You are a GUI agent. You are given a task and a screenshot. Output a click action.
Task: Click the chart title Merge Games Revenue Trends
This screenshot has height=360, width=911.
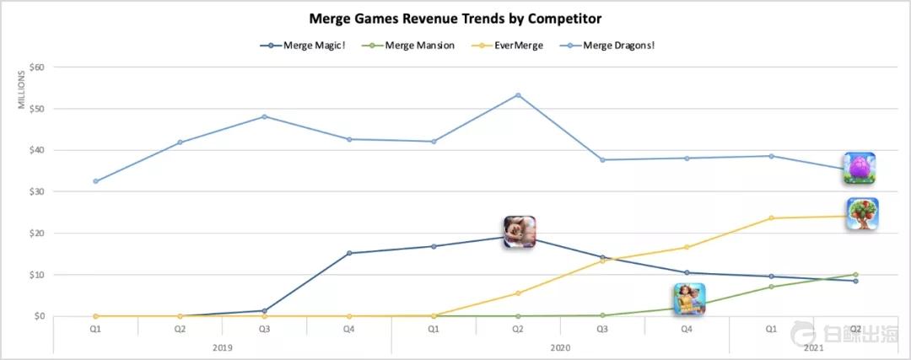pos(455,19)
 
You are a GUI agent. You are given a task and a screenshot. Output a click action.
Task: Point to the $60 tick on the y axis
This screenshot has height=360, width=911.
pos(35,67)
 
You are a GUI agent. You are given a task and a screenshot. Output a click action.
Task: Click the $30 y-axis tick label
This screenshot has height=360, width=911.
pos(35,192)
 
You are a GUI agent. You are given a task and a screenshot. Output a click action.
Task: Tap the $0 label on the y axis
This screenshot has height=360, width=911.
pos(38,317)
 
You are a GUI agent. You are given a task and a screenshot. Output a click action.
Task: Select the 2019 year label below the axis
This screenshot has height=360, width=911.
pos(223,346)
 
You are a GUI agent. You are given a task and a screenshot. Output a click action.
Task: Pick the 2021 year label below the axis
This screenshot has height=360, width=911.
pos(814,346)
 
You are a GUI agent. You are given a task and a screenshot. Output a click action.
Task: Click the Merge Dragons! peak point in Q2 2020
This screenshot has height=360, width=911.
pos(518,95)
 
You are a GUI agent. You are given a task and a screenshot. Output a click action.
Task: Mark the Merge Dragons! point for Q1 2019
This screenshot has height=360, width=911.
pos(96,181)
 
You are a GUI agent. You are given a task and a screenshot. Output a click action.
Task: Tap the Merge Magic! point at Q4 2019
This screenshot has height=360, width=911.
pos(349,253)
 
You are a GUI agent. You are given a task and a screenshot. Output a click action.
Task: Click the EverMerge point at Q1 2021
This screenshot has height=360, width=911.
pos(771,218)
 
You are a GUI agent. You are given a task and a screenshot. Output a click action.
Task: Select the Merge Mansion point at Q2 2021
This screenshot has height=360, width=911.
pos(855,275)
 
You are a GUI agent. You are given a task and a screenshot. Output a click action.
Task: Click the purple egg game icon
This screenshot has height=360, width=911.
pos(860,169)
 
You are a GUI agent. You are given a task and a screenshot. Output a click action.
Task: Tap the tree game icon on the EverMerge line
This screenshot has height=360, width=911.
pos(862,214)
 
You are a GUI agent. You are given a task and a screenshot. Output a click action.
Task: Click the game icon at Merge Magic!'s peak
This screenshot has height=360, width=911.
pos(520,232)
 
